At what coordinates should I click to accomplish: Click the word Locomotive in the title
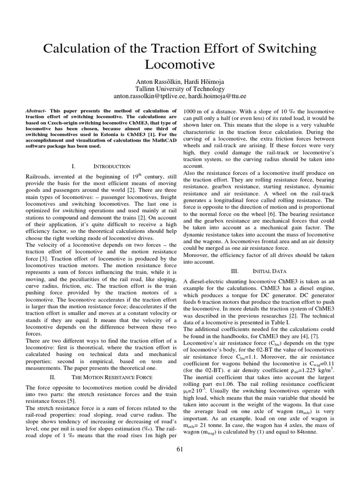coord(180,64)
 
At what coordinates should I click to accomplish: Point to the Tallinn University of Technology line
coord(180,89)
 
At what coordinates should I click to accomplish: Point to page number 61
coord(180,450)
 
